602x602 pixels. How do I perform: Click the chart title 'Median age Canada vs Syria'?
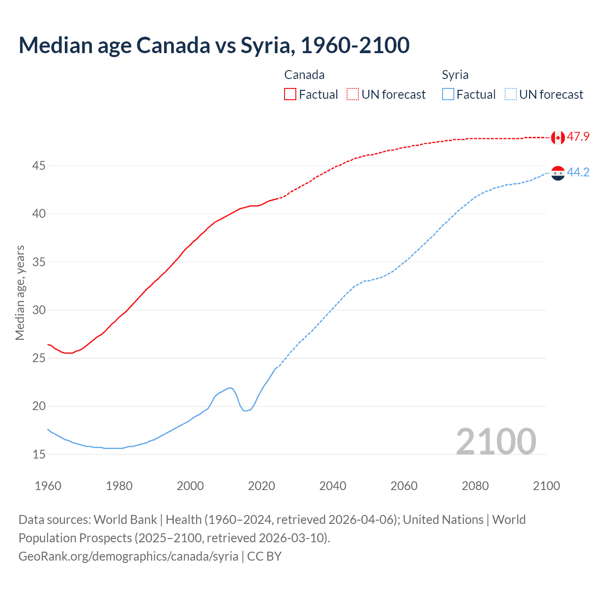click(x=214, y=45)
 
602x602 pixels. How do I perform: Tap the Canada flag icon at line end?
click(x=557, y=137)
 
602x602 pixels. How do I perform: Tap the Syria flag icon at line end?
click(x=557, y=173)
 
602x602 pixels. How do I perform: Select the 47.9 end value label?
click(x=578, y=137)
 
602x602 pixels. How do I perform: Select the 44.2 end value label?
click(x=578, y=173)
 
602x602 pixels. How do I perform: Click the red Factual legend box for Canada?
click(x=290, y=95)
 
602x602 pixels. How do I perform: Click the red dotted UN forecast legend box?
click(x=353, y=95)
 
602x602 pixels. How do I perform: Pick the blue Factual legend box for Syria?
click(x=448, y=95)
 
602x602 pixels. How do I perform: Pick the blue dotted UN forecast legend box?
click(x=510, y=95)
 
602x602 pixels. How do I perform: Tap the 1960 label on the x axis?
click(x=48, y=486)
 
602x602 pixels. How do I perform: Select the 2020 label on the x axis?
click(x=261, y=486)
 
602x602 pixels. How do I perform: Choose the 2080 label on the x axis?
click(x=475, y=486)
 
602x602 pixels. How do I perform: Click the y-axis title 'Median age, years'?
click(x=20, y=293)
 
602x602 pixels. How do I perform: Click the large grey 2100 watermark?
click(x=496, y=441)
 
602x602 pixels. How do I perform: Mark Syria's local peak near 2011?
click(x=230, y=388)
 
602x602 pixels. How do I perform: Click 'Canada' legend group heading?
click(x=304, y=75)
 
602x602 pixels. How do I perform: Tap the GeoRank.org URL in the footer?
click(x=128, y=556)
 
